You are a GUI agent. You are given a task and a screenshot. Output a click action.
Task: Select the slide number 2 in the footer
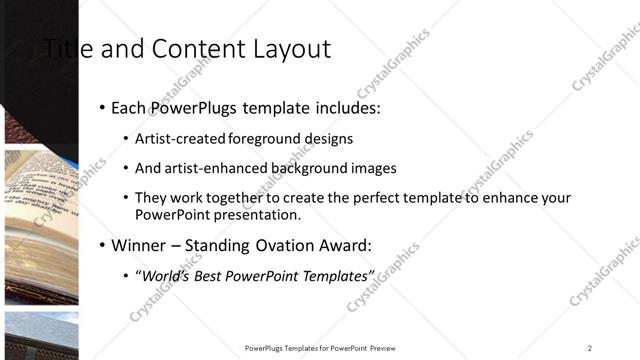590,348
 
